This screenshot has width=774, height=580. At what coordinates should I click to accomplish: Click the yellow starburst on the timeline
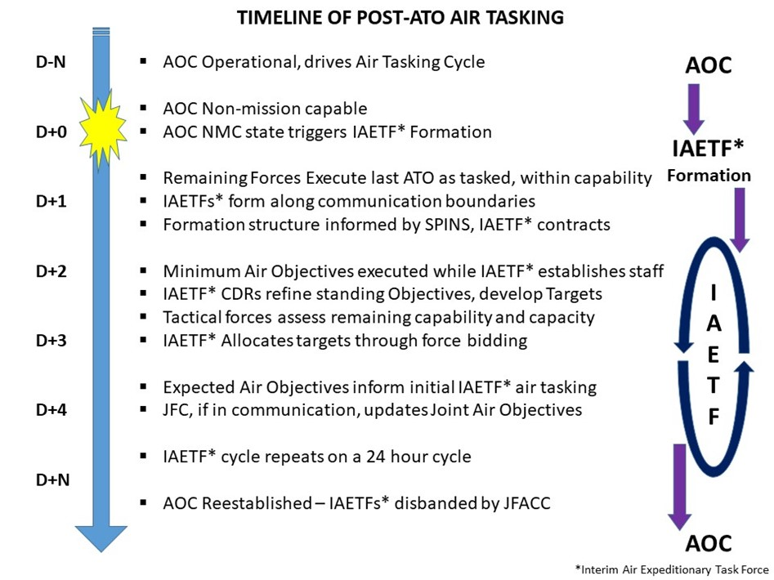pos(102,129)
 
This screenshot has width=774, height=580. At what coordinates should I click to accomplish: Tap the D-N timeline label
pos(51,63)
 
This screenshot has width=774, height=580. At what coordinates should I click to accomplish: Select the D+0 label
pos(51,132)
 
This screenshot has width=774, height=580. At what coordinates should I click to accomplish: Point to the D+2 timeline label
pos(51,271)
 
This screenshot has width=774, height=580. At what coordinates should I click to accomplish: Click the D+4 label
pos(51,410)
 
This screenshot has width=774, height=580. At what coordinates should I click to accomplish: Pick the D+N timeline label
pos(53,480)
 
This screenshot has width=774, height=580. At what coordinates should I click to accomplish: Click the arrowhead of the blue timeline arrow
pos(101,538)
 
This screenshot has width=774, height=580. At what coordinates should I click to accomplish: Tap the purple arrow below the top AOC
pos(694,109)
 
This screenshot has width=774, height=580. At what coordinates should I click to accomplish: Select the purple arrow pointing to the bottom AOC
pos(680,487)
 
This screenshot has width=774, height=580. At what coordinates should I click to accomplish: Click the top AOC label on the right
pos(709,65)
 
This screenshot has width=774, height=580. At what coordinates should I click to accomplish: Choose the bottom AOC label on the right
pos(709,543)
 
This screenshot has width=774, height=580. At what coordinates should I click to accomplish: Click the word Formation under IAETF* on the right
pos(709,176)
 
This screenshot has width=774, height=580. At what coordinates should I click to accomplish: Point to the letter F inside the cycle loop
pos(714,417)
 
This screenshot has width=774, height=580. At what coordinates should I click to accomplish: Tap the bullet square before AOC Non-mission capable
pos(143,108)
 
